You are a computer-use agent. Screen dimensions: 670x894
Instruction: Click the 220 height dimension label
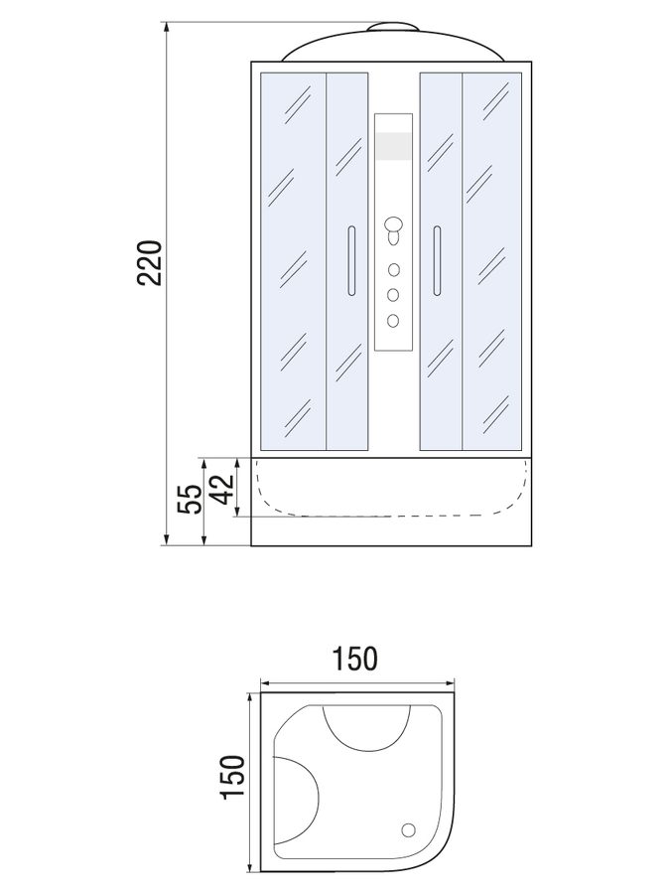click(151, 263)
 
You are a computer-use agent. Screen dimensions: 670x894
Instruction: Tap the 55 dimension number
click(190, 500)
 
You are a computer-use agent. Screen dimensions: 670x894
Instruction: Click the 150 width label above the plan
click(354, 659)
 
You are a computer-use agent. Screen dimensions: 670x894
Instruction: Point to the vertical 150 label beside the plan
click(232, 778)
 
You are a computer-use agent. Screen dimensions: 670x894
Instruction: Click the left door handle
click(351, 260)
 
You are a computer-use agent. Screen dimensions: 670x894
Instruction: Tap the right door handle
click(437, 260)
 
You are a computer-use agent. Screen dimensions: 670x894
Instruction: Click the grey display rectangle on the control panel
click(394, 146)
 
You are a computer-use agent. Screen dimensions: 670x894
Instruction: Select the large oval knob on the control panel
click(393, 223)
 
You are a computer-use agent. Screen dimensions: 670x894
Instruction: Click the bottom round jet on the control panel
click(393, 321)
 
